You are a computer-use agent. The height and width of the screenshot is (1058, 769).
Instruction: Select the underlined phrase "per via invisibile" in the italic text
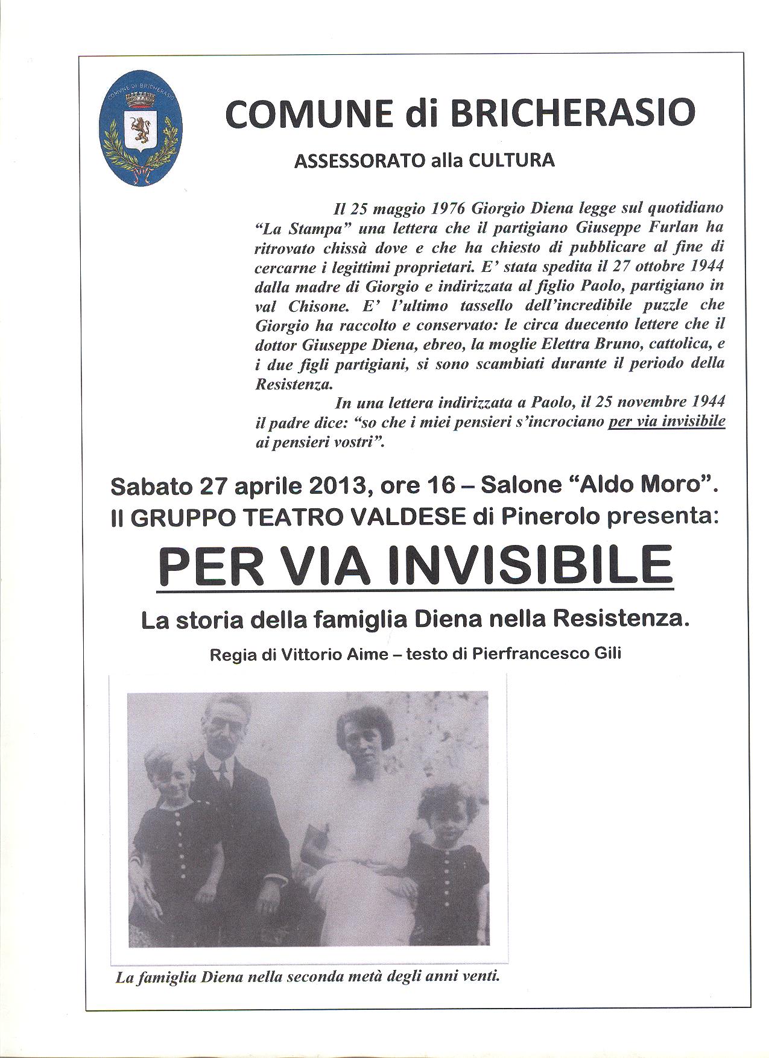666,422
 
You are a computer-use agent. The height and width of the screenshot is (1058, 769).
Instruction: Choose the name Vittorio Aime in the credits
337,655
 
